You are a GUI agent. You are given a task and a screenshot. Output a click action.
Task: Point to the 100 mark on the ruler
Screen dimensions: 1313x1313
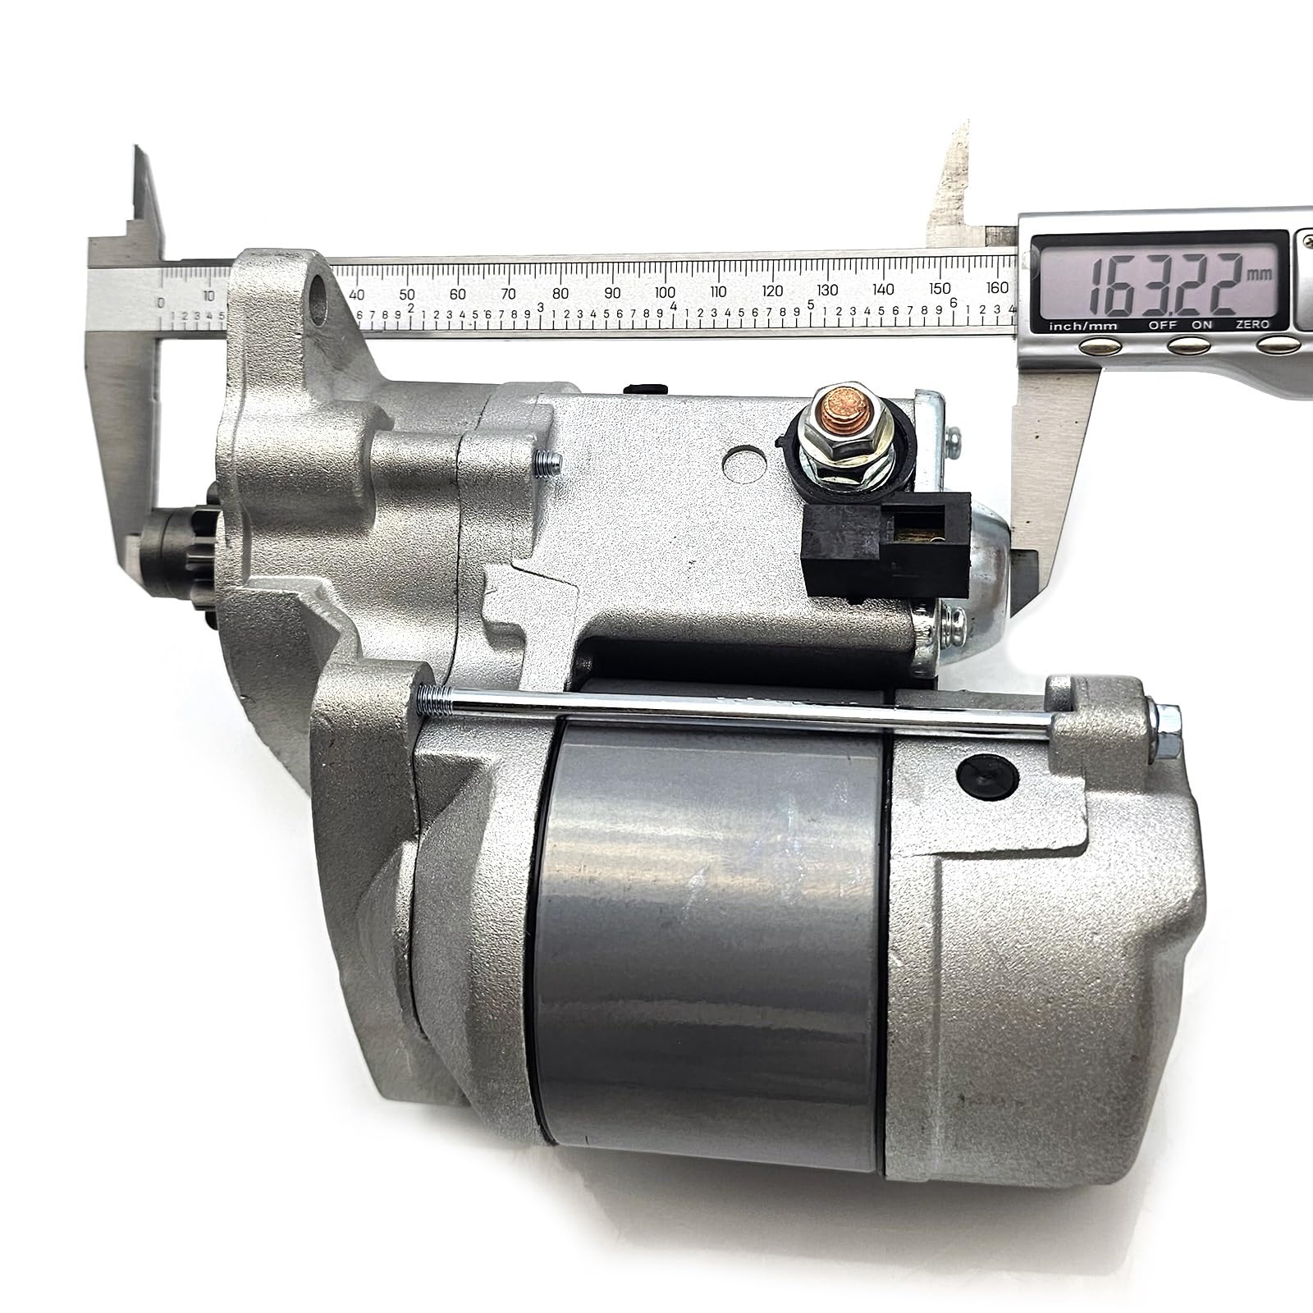tap(666, 293)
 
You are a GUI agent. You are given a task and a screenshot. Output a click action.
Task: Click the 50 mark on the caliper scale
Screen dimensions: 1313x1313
tap(406, 295)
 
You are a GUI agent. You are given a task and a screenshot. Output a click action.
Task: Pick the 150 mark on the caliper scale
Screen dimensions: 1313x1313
tap(940, 289)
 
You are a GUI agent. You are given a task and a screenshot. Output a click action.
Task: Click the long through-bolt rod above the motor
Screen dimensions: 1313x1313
tap(739, 706)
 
